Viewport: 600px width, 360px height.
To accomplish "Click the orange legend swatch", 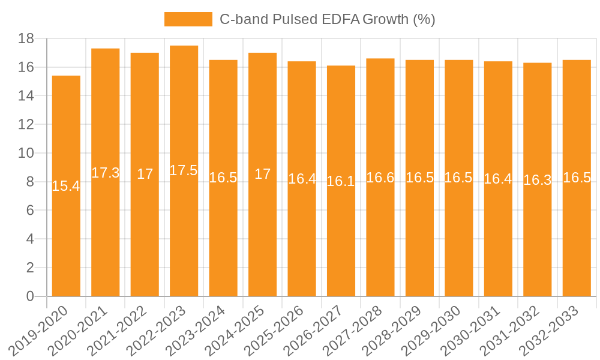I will (x=188, y=19).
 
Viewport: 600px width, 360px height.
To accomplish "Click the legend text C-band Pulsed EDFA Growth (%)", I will (x=327, y=19).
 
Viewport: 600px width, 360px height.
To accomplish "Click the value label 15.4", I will (x=66, y=186).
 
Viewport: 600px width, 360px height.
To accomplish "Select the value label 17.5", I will (x=184, y=170).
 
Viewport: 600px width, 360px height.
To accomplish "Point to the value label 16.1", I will (x=341, y=181).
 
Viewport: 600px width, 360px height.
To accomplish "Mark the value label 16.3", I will (x=537, y=180).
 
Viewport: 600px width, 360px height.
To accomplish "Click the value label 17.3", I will (x=106, y=173).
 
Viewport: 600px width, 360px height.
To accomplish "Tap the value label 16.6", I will (x=380, y=178).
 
